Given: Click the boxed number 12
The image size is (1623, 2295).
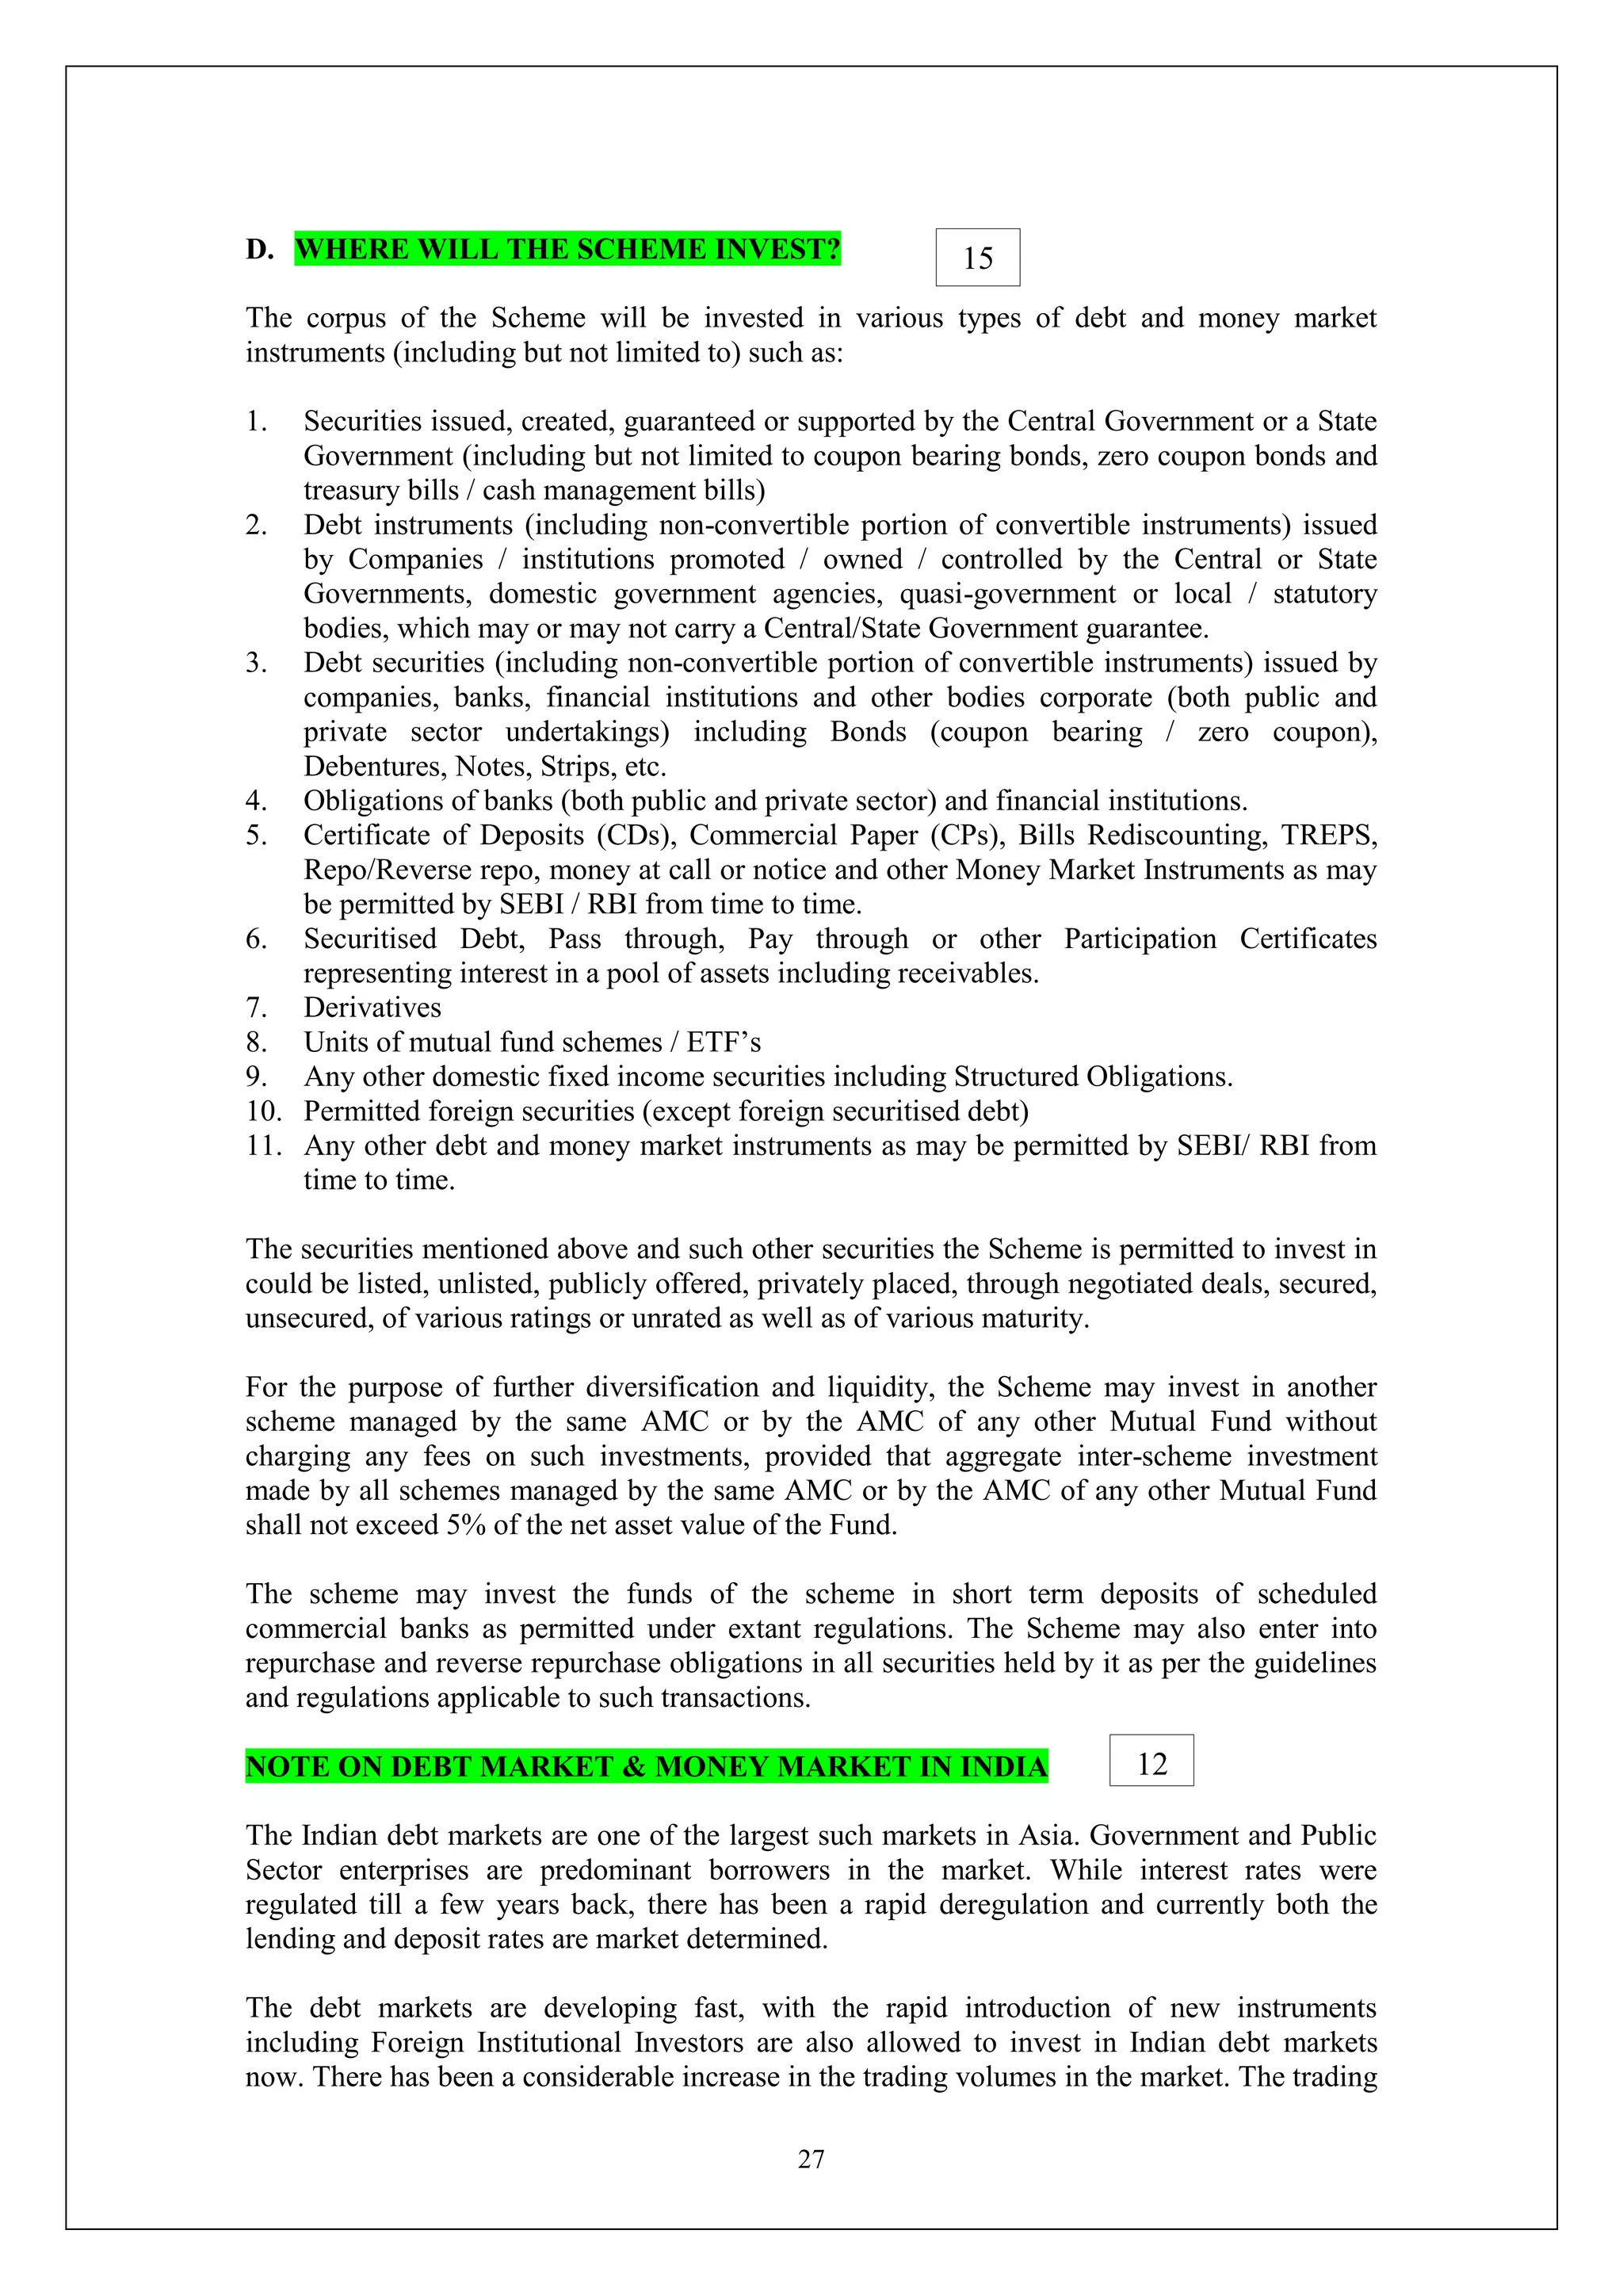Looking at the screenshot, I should pos(1151,1763).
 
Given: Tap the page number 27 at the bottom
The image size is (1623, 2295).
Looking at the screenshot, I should pos(811,2159).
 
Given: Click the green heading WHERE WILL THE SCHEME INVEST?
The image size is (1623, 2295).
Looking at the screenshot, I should pos(567,249).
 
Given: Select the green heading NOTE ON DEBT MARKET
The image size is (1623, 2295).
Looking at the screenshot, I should pos(646,1766).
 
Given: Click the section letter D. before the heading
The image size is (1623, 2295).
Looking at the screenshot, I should pos(260,249).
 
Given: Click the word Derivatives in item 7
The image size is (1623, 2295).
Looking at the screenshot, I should pos(372,1008).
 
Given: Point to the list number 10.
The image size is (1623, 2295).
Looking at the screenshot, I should pos(265,1111).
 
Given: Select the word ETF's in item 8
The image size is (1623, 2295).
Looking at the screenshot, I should pos(724,1042).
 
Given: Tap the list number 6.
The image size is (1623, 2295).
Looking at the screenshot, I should pos(256,939).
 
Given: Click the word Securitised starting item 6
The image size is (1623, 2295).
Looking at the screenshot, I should pos(370,939).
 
